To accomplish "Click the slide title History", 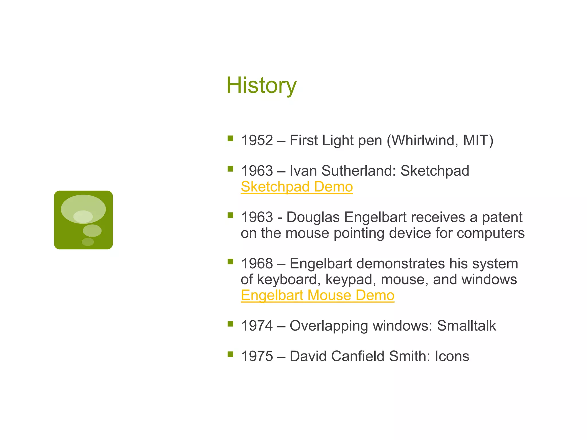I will [261, 85].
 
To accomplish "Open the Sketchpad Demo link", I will [297, 187].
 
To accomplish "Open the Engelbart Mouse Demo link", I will [317, 295].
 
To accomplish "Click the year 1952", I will [257, 140].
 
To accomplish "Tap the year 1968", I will [257, 264].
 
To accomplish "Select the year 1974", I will [257, 326].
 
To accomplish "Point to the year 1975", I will [257, 356].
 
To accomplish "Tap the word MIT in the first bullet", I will [476, 140].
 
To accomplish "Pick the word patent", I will [502, 217].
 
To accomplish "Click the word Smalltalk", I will [466, 326].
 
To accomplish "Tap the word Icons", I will [452, 356].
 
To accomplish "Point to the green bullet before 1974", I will [230, 324].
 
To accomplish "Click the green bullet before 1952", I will [230, 138].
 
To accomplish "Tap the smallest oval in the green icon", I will [88, 242].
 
